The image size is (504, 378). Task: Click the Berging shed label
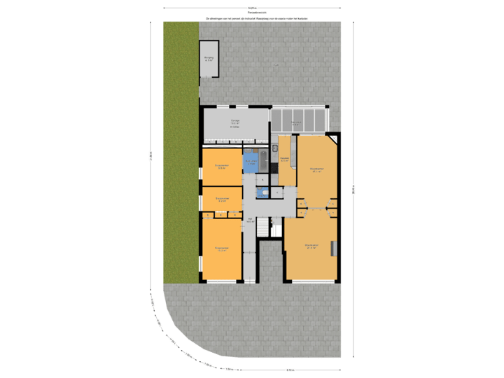click(x=209, y=59)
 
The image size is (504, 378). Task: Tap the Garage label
click(x=236, y=122)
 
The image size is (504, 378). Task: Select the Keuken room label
click(x=285, y=160)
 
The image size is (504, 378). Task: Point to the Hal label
click(x=250, y=220)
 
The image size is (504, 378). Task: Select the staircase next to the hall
click(x=263, y=227)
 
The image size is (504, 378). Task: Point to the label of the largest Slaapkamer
click(x=221, y=248)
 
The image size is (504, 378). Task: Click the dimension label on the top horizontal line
click(x=251, y=8)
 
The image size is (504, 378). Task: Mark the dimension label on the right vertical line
click(x=354, y=189)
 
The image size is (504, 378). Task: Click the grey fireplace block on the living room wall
click(x=334, y=248)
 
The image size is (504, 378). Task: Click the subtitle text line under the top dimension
click(x=256, y=18)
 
